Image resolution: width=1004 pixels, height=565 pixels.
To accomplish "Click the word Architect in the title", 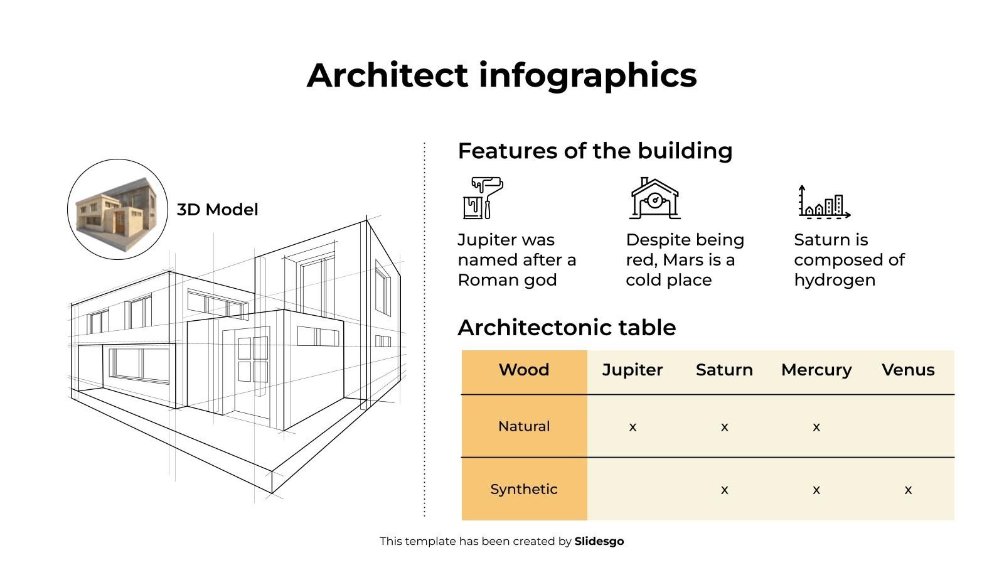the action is pos(388,75).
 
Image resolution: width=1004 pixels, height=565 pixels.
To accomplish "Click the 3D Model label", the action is pos(217,210).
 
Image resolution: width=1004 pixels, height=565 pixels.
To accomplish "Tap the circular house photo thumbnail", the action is pos(117,210).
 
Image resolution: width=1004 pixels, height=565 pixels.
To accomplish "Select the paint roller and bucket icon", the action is pos(483,198).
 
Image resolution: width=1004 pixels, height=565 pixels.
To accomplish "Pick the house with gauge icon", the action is pos(655,198).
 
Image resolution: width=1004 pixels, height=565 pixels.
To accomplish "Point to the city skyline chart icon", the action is pos(825,202).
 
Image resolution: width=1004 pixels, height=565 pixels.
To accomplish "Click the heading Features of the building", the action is pos(595,151).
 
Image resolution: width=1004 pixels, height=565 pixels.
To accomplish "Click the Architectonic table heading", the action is pos(567,327).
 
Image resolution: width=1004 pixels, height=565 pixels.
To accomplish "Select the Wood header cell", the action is pos(524,370).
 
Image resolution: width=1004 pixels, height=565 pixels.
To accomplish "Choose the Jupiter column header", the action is pos(633,370).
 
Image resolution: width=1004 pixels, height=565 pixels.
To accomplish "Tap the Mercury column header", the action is pos(816,370).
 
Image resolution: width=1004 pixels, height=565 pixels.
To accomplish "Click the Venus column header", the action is pos(908,370).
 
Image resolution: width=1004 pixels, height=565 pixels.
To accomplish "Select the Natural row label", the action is pos(524,426).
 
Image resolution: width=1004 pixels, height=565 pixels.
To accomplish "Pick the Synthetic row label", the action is pos(524,489).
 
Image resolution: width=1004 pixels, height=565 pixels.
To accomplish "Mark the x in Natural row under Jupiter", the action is pos(633,428).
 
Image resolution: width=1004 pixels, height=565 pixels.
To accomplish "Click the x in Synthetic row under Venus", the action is pos(908,490).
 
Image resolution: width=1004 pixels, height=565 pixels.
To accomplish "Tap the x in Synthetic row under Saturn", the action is pos(724,490).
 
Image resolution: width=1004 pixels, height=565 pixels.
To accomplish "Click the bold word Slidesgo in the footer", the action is pos(599,542).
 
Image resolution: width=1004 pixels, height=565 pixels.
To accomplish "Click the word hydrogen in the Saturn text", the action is pos(835,281).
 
